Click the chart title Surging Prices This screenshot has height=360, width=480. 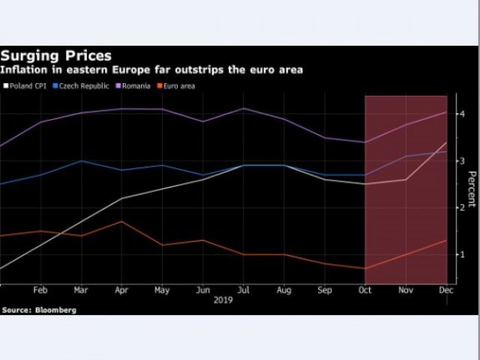(56, 55)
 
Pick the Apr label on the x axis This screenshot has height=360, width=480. (121, 289)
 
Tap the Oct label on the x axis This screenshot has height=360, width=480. (364, 289)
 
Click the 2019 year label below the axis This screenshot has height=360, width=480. (223, 299)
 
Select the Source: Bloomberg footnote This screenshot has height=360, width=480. (38, 309)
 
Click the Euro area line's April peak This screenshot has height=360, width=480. (121, 221)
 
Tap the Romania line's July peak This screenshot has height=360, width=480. (242, 109)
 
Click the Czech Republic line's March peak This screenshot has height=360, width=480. (80, 160)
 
